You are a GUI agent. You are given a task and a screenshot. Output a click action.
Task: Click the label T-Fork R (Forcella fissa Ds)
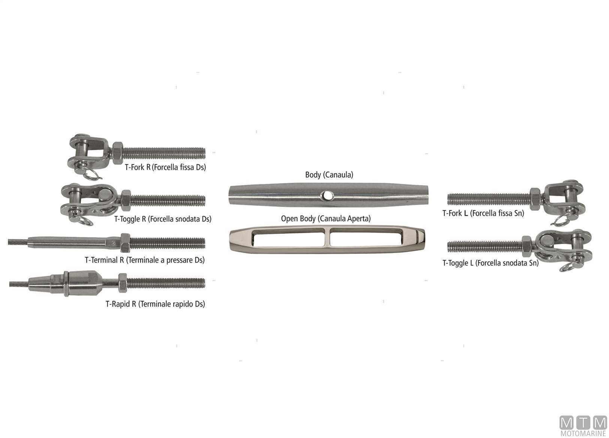pyautogui.click(x=165, y=167)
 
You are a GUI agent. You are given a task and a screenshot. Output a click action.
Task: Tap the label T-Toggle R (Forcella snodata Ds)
pyautogui.click(x=163, y=219)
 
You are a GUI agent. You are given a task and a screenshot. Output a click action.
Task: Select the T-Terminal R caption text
pyautogui.click(x=145, y=260)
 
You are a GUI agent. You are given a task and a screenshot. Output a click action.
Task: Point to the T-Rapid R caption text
pyautogui.click(x=155, y=304)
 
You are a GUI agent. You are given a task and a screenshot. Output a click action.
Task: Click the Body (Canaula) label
pyautogui.click(x=329, y=174)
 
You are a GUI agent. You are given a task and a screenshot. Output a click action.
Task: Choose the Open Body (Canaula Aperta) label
pyautogui.click(x=326, y=219)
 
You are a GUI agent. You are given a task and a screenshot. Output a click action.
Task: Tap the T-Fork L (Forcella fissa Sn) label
pyautogui.click(x=483, y=213)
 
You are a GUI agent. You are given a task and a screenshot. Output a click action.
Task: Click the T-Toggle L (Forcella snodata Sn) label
pyautogui.click(x=491, y=263)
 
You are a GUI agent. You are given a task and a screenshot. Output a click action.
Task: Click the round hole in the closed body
pyautogui.click(x=327, y=195)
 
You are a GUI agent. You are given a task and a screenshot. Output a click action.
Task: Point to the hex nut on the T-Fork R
pyautogui.click(x=117, y=153)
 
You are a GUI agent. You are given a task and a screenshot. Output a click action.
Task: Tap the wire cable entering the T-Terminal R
pyautogui.click(x=18, y=241)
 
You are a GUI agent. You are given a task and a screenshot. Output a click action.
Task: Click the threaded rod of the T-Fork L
pyautogui.click(x=489, y=199)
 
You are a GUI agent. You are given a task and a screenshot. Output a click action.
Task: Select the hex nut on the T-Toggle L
pyautogui.click(x=527, y=246)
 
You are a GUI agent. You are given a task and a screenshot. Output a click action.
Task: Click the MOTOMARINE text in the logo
pyautogui.click(x=583, y=434)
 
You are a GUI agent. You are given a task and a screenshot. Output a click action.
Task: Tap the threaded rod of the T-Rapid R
pyautogui.click(x=166, y=283)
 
